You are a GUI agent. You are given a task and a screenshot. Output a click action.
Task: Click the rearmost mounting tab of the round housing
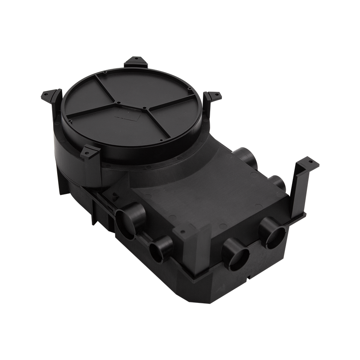(135, 60)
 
